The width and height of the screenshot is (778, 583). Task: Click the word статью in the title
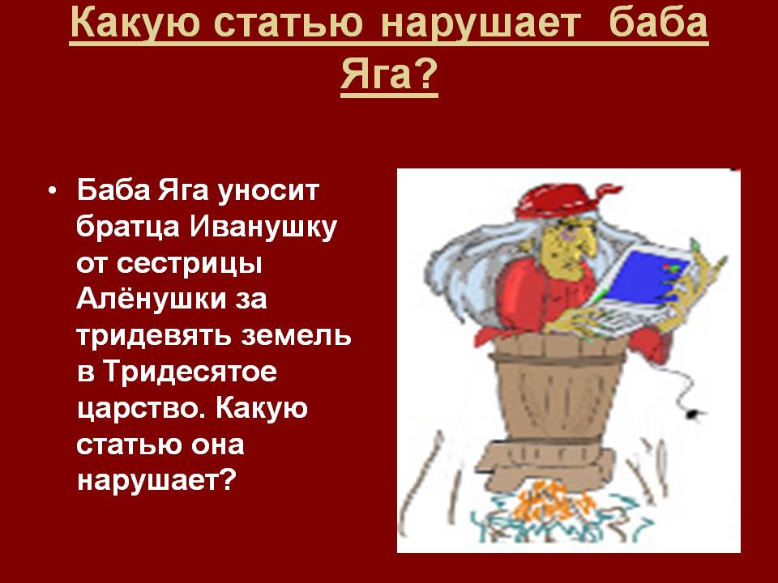pos(290,23)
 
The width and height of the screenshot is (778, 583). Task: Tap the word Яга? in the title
pos(389,74)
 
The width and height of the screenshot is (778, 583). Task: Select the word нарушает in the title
pos(481,23)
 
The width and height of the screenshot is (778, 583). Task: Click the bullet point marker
pos(52,191)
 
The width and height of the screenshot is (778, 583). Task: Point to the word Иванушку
pos(263,228)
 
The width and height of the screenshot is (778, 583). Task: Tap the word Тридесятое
pos(190,372)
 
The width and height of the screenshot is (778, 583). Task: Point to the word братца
pos(128,228)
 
